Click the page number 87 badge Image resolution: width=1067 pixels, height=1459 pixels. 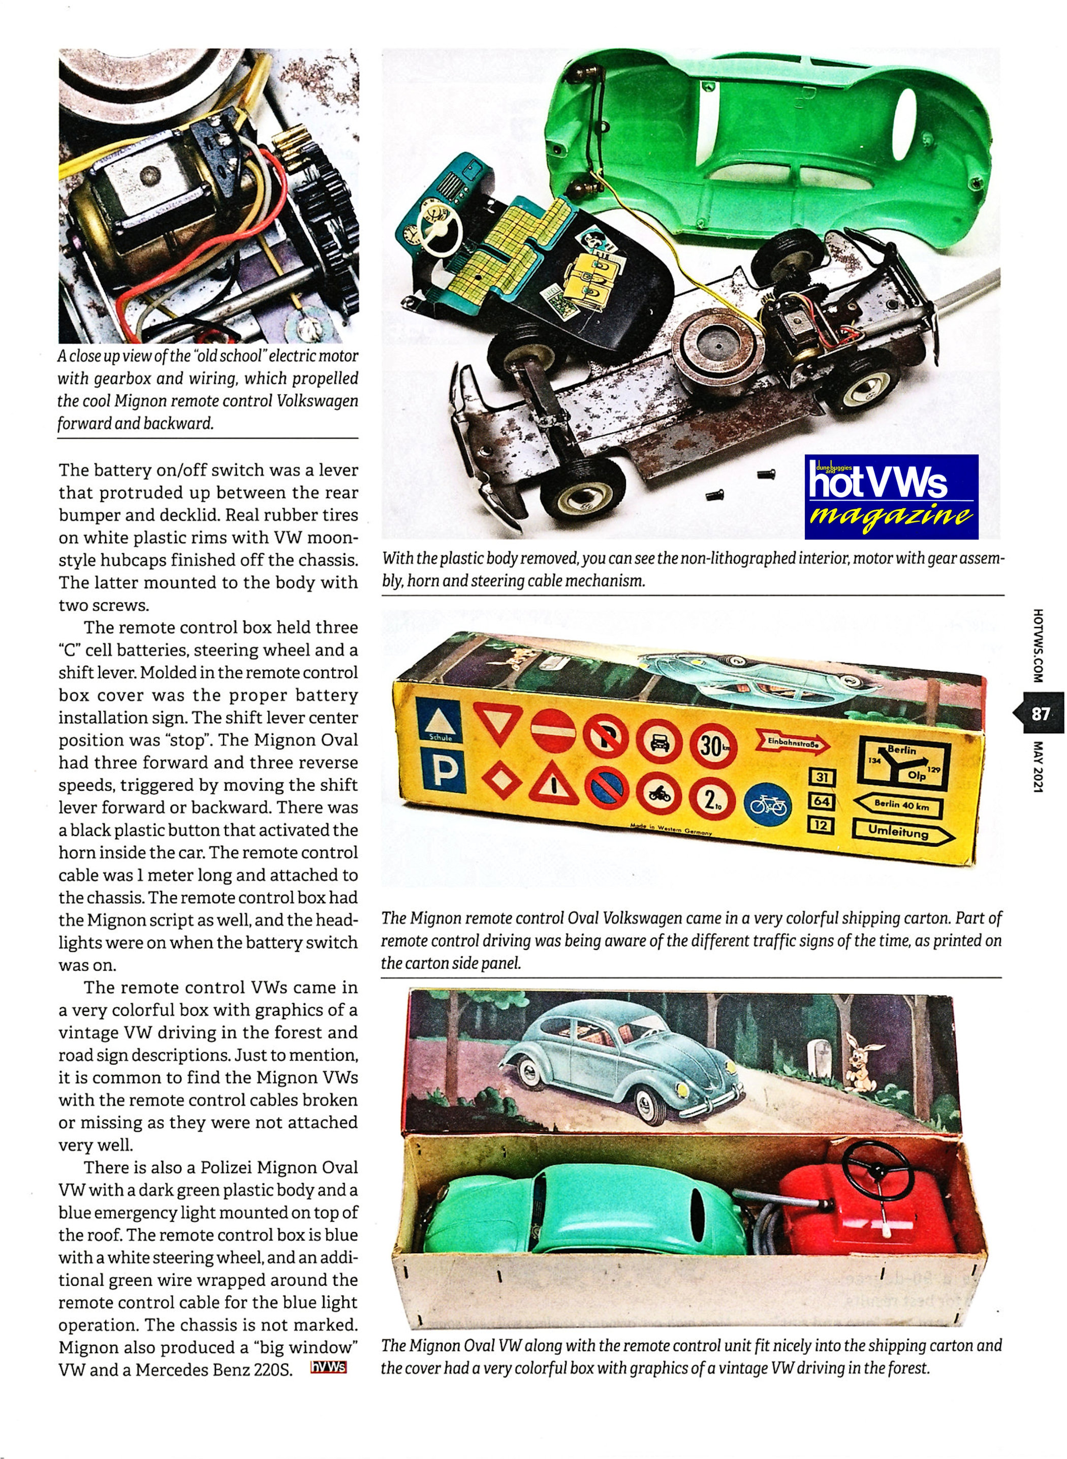coord(1041,713)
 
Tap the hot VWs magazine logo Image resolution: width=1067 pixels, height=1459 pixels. coord(891,498)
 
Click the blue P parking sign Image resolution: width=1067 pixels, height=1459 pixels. coord(442,770)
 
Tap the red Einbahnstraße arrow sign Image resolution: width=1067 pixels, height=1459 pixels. coord(793,744)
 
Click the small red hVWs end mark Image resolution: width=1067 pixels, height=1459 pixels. coord(328,1368)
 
